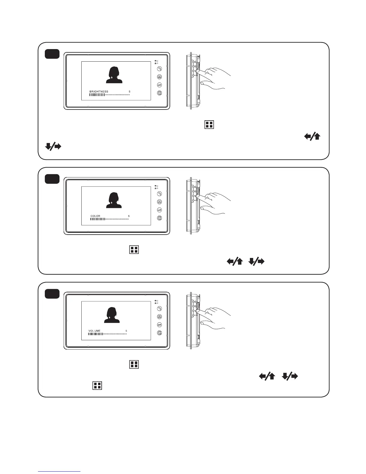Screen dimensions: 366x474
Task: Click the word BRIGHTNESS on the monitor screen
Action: [99, 92]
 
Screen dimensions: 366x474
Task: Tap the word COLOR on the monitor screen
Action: [95, 216]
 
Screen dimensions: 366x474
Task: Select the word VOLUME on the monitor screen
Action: [94, 331]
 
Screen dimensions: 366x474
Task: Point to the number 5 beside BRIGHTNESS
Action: [129, 92]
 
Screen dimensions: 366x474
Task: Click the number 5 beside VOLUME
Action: [126, 331]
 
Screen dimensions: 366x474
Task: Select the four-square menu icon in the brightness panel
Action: [209, 125]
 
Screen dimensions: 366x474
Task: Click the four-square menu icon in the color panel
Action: [134, 250]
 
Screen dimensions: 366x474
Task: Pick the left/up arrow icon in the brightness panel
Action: [312, 137]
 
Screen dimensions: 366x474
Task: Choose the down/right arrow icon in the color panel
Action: [257, 262]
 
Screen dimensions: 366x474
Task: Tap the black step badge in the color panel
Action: [52, 179]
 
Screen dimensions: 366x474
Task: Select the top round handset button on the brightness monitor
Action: [159, 69]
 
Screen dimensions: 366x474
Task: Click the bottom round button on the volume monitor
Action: [159, 333]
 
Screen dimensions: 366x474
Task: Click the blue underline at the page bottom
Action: [60, 472]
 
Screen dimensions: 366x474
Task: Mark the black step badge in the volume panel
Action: [52, 294]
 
